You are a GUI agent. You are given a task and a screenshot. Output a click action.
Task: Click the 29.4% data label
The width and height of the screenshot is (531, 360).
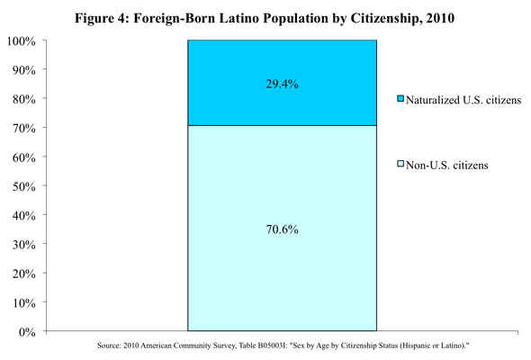pos(282,84)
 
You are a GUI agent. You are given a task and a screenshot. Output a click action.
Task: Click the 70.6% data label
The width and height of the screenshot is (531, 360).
pos(282,229)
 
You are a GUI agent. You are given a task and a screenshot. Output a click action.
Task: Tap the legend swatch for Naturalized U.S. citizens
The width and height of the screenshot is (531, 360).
pos(400,99)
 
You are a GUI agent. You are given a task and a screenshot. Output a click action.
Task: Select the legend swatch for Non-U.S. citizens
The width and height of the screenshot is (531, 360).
pos(400,164)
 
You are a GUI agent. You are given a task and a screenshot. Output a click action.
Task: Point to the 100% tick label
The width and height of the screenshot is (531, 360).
pos(22,41)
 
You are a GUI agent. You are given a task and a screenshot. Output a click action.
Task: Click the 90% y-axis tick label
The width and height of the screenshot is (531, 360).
pos(24,70)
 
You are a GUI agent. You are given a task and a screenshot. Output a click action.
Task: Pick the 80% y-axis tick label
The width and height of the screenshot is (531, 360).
pos(24,100)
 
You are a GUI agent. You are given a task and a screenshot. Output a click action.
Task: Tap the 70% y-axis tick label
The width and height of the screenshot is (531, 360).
pos(24,129)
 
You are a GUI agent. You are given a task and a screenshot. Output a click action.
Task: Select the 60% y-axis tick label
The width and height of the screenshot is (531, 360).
pos(24,157)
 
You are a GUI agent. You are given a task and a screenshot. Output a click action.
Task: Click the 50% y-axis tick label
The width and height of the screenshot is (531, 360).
pos(24,187)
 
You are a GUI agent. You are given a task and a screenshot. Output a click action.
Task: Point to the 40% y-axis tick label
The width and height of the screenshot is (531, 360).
pos(24,216)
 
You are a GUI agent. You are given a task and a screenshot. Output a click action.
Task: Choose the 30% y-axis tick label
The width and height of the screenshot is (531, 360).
pos(24,245)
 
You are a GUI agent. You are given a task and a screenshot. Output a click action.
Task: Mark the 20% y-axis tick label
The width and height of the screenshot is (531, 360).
pos(24,274)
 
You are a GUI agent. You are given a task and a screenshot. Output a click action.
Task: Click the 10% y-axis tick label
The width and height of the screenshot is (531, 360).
pos(24,303)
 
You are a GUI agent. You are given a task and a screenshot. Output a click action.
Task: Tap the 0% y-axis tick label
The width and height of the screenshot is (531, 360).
pos(27,332)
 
